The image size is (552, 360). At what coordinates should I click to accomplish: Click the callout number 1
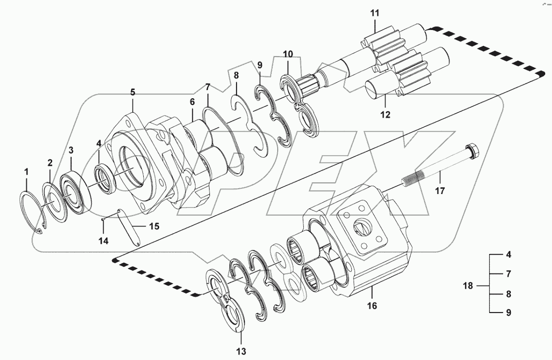pos(27,171)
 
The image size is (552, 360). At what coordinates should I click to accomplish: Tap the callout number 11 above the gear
pos(375,13)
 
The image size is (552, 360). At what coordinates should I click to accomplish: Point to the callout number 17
pos(439,191)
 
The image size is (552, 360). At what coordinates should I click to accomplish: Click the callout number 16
pos(372,306)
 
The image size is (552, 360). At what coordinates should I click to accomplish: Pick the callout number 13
pos(241,351)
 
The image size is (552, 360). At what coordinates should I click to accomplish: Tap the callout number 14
pos(104,240)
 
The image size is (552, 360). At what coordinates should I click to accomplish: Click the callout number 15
pos(153,226)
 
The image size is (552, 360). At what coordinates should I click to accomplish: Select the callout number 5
pos(133,91)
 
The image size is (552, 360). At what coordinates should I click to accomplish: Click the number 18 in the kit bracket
pos(467,285)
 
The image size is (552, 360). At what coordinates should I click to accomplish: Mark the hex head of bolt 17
pos(472,151)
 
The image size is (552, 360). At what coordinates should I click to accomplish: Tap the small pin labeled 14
pos(104,220)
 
